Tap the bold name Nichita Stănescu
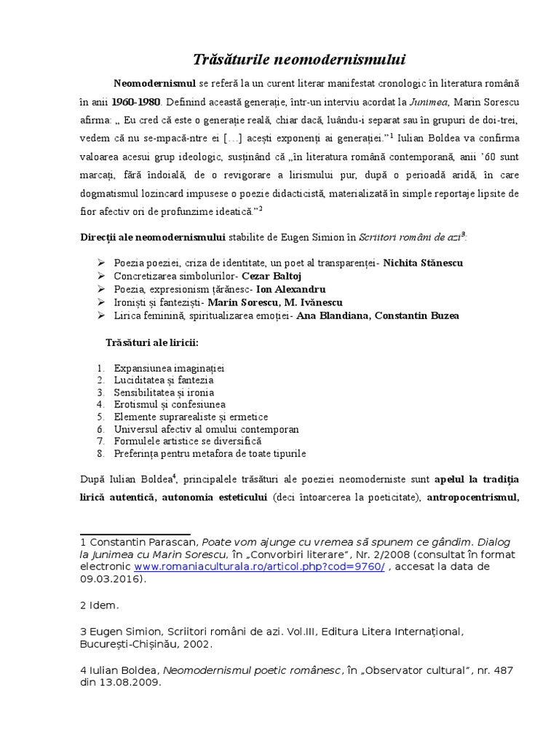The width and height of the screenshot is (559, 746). click(423, 262)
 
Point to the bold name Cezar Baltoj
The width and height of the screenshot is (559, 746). click(271, 276)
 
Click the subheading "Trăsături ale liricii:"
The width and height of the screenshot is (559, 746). click(152, 342)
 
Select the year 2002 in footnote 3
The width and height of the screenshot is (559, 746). click(201, 644)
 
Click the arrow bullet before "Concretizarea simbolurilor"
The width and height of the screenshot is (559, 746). click(100, 276)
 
